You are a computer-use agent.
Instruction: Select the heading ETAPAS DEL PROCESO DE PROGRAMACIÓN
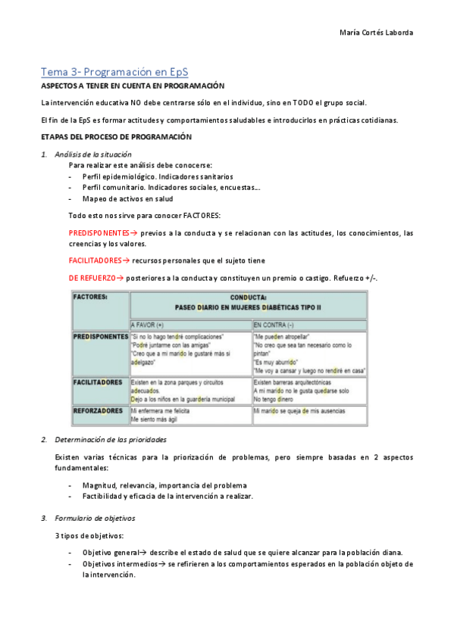point(116,137)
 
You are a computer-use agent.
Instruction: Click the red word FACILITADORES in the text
point(95,260)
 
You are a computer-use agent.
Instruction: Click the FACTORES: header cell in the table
point(90,298)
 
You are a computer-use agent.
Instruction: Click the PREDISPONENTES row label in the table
point(101,336)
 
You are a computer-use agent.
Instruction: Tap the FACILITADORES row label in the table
point(98,383)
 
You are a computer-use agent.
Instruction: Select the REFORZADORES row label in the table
point(98,411)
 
